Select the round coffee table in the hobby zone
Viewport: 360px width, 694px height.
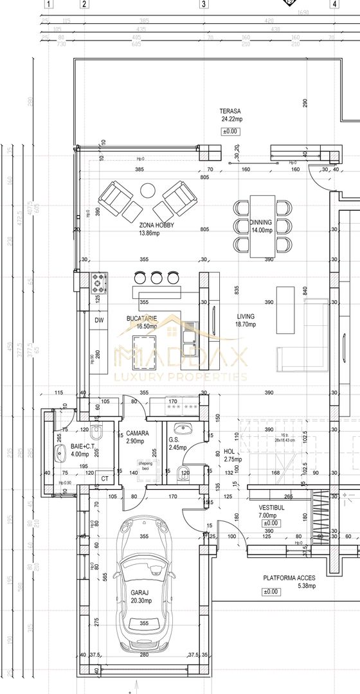148,190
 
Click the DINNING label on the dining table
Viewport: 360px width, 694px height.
261,222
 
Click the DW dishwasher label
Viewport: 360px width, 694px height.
100,320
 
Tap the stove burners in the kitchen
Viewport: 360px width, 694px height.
100,281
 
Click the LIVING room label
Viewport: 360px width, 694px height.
245,316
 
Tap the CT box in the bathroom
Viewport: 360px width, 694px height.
105,478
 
